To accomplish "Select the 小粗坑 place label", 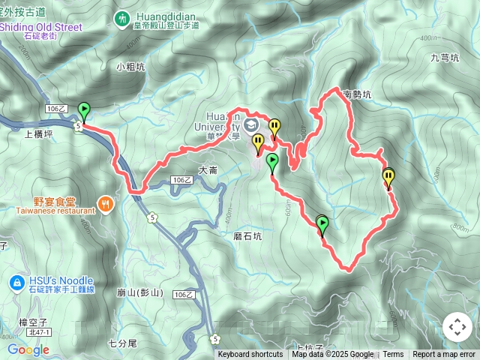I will pos(130,66).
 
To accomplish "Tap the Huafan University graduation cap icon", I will pos(250,122).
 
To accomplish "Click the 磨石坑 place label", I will pos(247,235).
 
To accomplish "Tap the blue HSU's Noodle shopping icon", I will pos(15,282).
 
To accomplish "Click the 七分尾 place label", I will pos(122,343).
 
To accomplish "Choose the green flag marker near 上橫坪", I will pos(83,111).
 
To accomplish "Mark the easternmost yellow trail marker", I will pos(388,178).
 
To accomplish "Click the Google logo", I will pos(28,349).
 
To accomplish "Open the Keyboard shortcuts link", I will pos(250,355).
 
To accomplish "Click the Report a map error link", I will pos(444,355).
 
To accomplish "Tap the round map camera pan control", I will pos(457,327).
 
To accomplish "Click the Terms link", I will pos(393,355).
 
